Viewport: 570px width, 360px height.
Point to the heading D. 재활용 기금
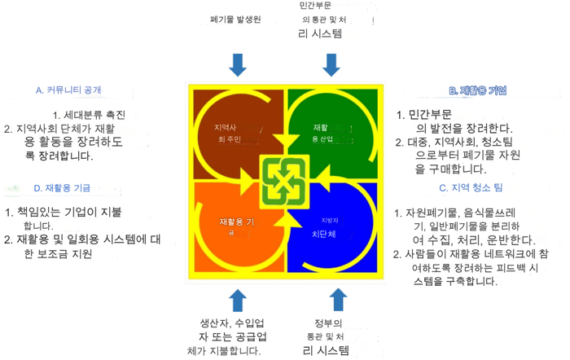click(x=62, y=187)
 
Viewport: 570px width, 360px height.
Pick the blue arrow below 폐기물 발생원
click(x=237, y=64)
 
